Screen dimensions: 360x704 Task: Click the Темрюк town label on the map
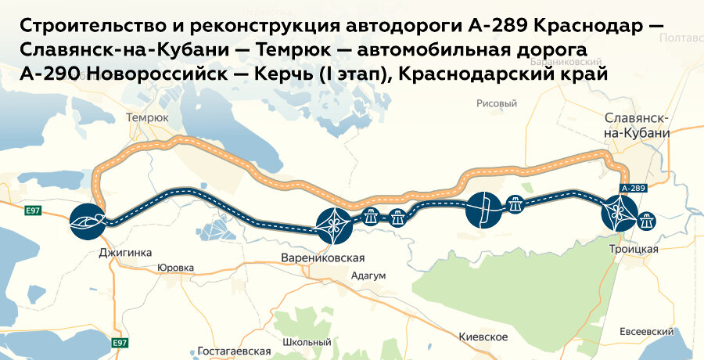point(147,117)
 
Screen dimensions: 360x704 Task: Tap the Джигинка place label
point(125,253)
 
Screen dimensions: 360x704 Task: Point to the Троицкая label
point(634,249)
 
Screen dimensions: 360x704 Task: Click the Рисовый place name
point(497,103)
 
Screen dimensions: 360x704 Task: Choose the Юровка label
point(175,268)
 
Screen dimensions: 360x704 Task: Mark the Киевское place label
point(483,337)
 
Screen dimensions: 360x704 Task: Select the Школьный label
point(307,342)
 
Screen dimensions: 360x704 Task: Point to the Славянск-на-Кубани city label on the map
point(637,125)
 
